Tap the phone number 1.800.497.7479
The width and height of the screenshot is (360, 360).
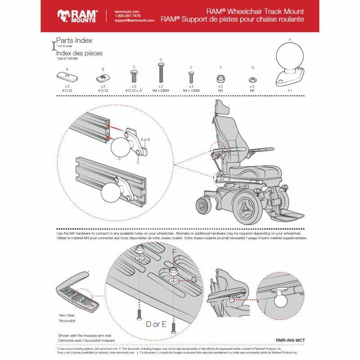(x=128, y=16)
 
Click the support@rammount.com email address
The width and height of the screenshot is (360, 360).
(x=134, y=21)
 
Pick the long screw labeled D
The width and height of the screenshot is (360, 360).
(x=161, y=72)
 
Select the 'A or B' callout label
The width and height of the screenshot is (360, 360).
(x=145, y=139)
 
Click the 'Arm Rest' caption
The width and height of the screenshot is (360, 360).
(x=66, y=315)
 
